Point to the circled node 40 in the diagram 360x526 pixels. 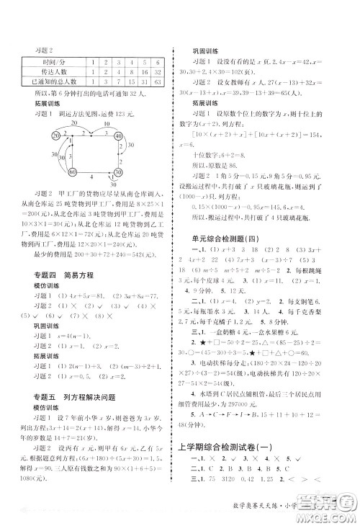coord(117,136)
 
